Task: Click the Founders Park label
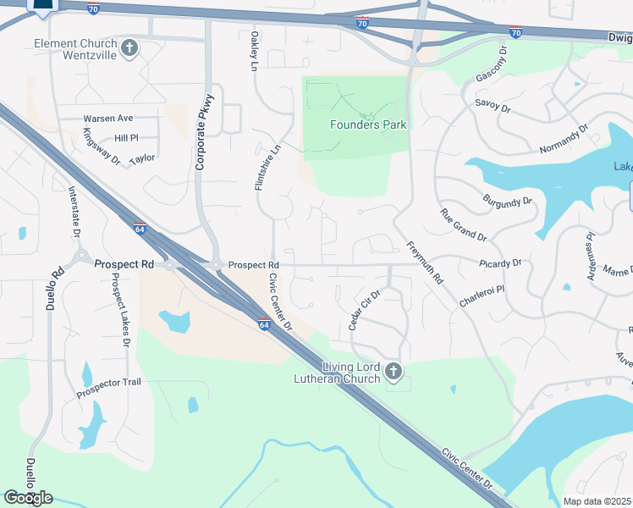(368, 125)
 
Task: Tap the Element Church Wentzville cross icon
(129, 47)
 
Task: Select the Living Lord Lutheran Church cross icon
(393, 371)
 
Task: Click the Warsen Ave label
(108, 118)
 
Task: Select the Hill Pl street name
(126, 138)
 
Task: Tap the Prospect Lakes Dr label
(119, 310)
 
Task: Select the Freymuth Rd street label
(426, 262)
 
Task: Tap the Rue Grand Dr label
(464, 225)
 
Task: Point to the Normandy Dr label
(564, 141)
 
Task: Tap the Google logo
(28, 497)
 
